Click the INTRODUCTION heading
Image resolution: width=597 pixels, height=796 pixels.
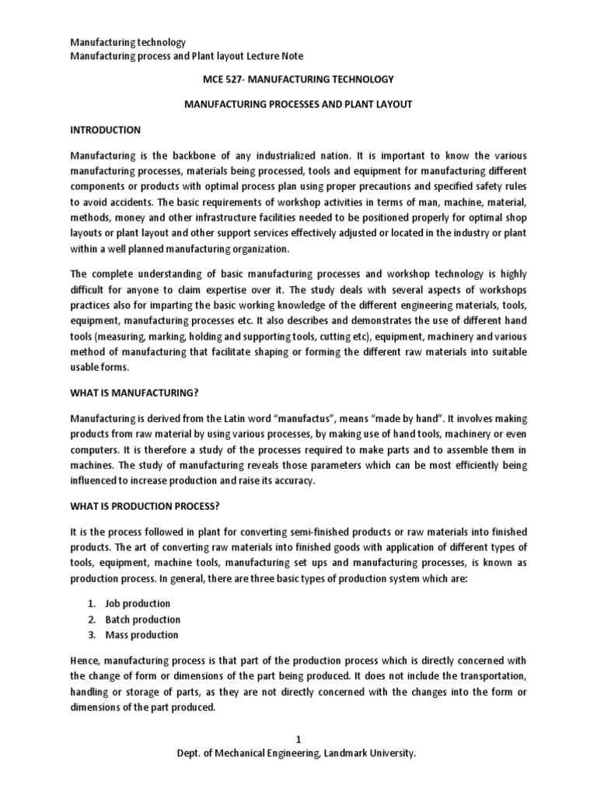(x=106, y=130)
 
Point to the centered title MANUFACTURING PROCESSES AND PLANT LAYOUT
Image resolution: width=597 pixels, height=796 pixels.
(x=298, y=103)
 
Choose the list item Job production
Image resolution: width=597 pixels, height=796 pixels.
(x=138, y=603)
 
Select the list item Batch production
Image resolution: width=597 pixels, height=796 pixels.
(x=144, y=620)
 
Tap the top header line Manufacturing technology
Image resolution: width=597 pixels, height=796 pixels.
(x=128, y=42)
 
